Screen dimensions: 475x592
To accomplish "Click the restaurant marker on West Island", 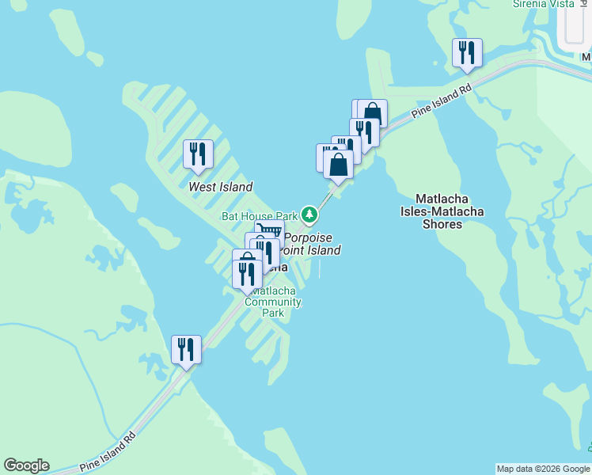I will pos(198,154).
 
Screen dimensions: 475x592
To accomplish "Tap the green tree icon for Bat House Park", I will pos(309,215).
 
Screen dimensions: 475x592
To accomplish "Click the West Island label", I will pos(220,187).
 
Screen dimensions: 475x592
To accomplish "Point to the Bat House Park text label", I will pos(259,215).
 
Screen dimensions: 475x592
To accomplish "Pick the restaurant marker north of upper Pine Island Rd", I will pos(466,53).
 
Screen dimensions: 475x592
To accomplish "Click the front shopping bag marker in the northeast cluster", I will pos(338,165).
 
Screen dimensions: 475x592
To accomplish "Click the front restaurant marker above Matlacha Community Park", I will pos(247,274).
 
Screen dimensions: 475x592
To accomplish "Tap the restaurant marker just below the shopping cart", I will pos(266,252).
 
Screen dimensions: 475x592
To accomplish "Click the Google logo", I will pos(26,465).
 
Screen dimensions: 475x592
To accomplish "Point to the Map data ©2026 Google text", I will pos(542,469).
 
